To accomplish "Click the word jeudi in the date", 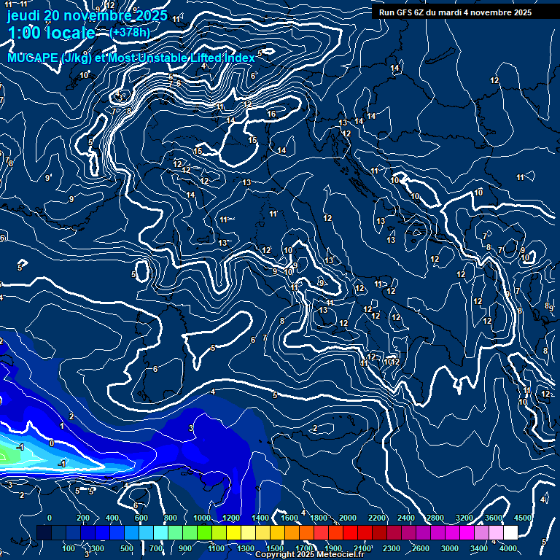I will click(x=23, y=15).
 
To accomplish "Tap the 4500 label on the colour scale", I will click(x=523, y=518).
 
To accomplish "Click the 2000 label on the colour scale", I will click(x=348, y=518).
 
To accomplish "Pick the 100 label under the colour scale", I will click(x=69, y=548).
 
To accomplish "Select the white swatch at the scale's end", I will click(x=510, y=533).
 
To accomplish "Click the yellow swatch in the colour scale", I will click(x=234, y=533).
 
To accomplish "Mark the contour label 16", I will click(x=271, y=114).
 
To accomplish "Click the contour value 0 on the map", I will click(x=51, y=443).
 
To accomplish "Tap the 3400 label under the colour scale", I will click(x=479, y=548).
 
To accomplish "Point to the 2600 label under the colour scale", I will click(x=421, y=548).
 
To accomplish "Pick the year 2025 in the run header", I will click(x=521, y=12).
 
